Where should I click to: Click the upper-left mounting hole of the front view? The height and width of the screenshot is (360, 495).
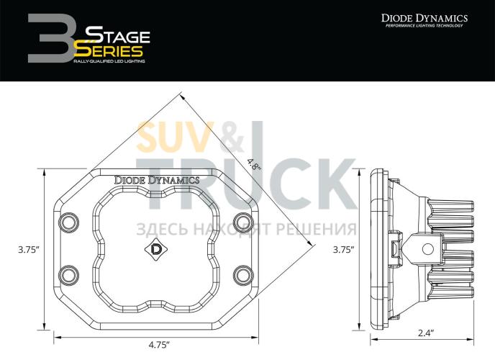click(69, 221)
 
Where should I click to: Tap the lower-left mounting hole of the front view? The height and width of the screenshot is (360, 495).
click(69, 274)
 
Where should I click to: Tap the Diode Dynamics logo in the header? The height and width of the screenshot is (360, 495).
click(424, 18)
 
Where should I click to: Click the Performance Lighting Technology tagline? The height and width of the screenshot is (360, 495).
click(424, 27)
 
